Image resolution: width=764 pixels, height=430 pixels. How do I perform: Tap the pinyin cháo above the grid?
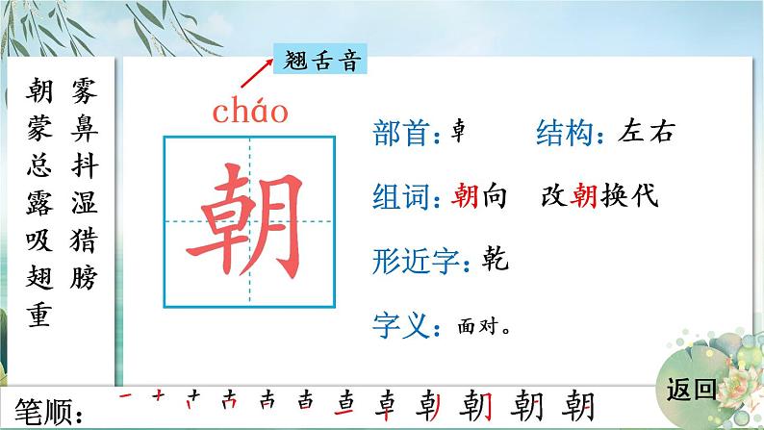(250, 112)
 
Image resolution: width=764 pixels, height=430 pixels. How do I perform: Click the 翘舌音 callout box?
(319, 61)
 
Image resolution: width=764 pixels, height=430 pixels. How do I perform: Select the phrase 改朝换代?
(599, 197)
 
